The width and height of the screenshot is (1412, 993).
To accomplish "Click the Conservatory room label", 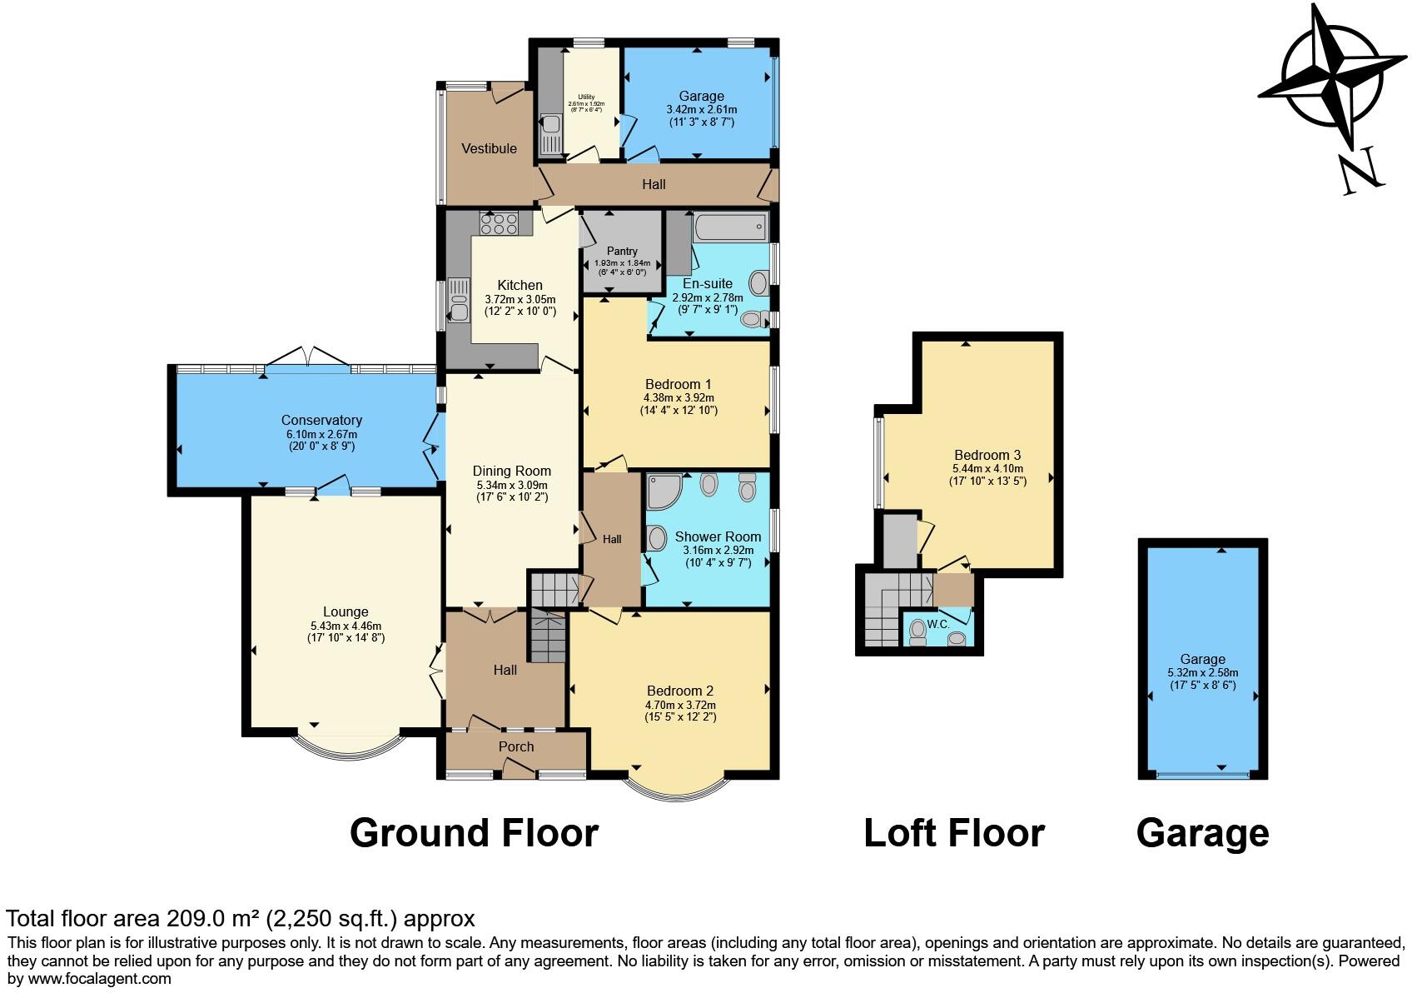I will point(321,420).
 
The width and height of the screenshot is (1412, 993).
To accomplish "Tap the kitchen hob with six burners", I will point(498,223).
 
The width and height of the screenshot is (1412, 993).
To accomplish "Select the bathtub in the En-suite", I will point(728,226).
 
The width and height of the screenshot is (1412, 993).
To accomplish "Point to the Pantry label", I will point(622,251).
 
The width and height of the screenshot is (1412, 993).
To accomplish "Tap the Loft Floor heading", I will point(954,832).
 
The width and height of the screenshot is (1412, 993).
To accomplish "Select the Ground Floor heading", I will point(474,832).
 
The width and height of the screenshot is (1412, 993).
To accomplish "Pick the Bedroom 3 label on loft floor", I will point(987,455).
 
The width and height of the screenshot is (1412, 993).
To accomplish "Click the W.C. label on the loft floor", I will point(938,623).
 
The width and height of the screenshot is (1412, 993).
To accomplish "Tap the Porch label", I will point(516,746).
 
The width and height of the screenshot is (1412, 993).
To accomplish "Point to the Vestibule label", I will point(490,148).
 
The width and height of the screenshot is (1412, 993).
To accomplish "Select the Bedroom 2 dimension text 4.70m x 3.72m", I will point(681,705).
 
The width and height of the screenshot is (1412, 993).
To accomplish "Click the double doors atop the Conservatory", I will point(308,357).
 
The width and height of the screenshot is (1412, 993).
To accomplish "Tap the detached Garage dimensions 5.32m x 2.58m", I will point(1203,673).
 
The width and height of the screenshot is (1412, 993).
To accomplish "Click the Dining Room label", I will point(512,471).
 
